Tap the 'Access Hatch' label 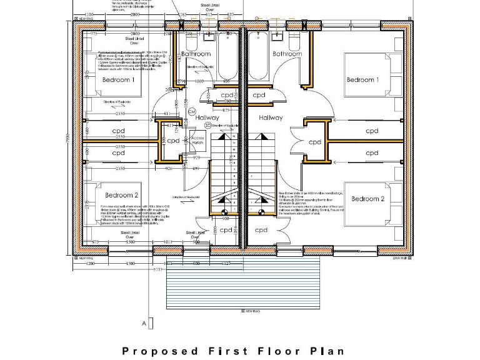click(197, 140)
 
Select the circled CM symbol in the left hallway click(183, 111)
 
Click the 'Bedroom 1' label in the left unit click(117, 80)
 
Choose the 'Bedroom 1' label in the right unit click(362, 80)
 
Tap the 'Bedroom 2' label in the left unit click(121, 195)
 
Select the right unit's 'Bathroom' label click(286, 54)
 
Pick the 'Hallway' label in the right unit click(270, 117)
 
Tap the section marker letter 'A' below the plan click(144, 324)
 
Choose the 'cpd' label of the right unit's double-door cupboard click(315, 142)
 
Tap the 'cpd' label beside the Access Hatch click(173, 141)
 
